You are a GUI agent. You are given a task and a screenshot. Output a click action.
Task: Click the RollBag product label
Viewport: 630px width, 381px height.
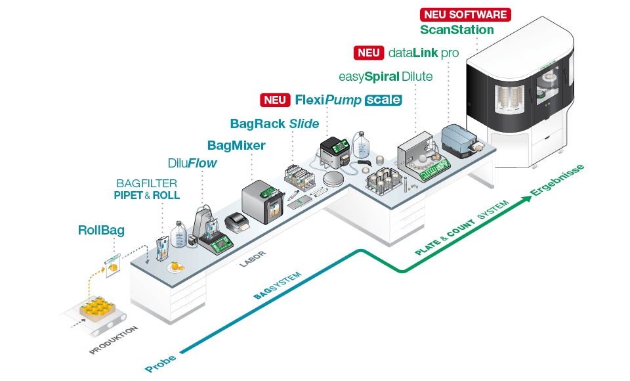click(101, 230)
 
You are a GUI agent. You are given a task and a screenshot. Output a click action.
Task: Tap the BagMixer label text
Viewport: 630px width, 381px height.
click(236, 145)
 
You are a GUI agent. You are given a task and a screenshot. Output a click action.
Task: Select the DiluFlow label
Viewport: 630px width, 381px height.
click(192, 163)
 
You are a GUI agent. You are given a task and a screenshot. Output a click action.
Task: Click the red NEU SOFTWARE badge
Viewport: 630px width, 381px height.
click(465, 14)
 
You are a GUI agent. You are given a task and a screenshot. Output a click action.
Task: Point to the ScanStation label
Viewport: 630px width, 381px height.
click(457, 30)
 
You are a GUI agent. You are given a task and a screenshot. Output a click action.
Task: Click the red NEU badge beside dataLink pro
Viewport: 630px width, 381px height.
click(369, 53)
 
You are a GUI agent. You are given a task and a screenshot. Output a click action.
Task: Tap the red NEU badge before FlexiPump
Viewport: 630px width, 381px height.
click(275, 100)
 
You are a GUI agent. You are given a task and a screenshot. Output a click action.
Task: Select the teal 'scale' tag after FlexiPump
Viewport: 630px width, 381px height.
click(383, 100)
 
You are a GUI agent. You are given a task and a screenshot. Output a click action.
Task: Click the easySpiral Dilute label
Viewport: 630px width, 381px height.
click(386, 76)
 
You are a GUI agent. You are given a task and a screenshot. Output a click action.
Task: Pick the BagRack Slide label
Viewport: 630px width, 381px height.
click(274, 123)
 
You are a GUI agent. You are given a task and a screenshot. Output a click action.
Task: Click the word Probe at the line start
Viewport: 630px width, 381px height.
click(160, 363)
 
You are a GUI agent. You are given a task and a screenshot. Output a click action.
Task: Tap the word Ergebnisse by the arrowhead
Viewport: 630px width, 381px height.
click(557, 180)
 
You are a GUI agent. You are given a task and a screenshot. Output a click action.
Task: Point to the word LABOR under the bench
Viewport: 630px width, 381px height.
click(253, 259)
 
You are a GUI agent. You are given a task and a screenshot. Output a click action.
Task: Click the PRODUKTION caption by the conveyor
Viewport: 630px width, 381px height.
click(114, 340)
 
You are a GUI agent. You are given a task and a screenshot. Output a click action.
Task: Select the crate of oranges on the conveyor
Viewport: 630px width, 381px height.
click(97, 309)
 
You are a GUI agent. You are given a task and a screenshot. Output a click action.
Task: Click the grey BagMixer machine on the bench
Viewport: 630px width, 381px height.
click(264, 202)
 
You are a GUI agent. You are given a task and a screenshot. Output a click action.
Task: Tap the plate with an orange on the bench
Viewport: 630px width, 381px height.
click(176, 267)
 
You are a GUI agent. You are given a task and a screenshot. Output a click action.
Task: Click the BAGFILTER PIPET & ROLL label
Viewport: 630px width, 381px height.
click(146, 189)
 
